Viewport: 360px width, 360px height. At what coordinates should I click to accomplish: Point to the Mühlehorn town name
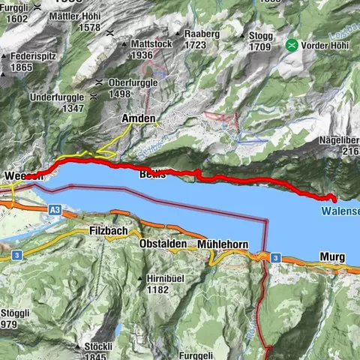(223, 245)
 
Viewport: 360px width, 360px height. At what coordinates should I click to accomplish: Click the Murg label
(331, 257)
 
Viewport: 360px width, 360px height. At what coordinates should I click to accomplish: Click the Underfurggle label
(56, 98)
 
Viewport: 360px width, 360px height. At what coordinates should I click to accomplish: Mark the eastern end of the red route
(333, 199)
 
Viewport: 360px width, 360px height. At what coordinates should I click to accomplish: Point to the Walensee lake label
(341, 212)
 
